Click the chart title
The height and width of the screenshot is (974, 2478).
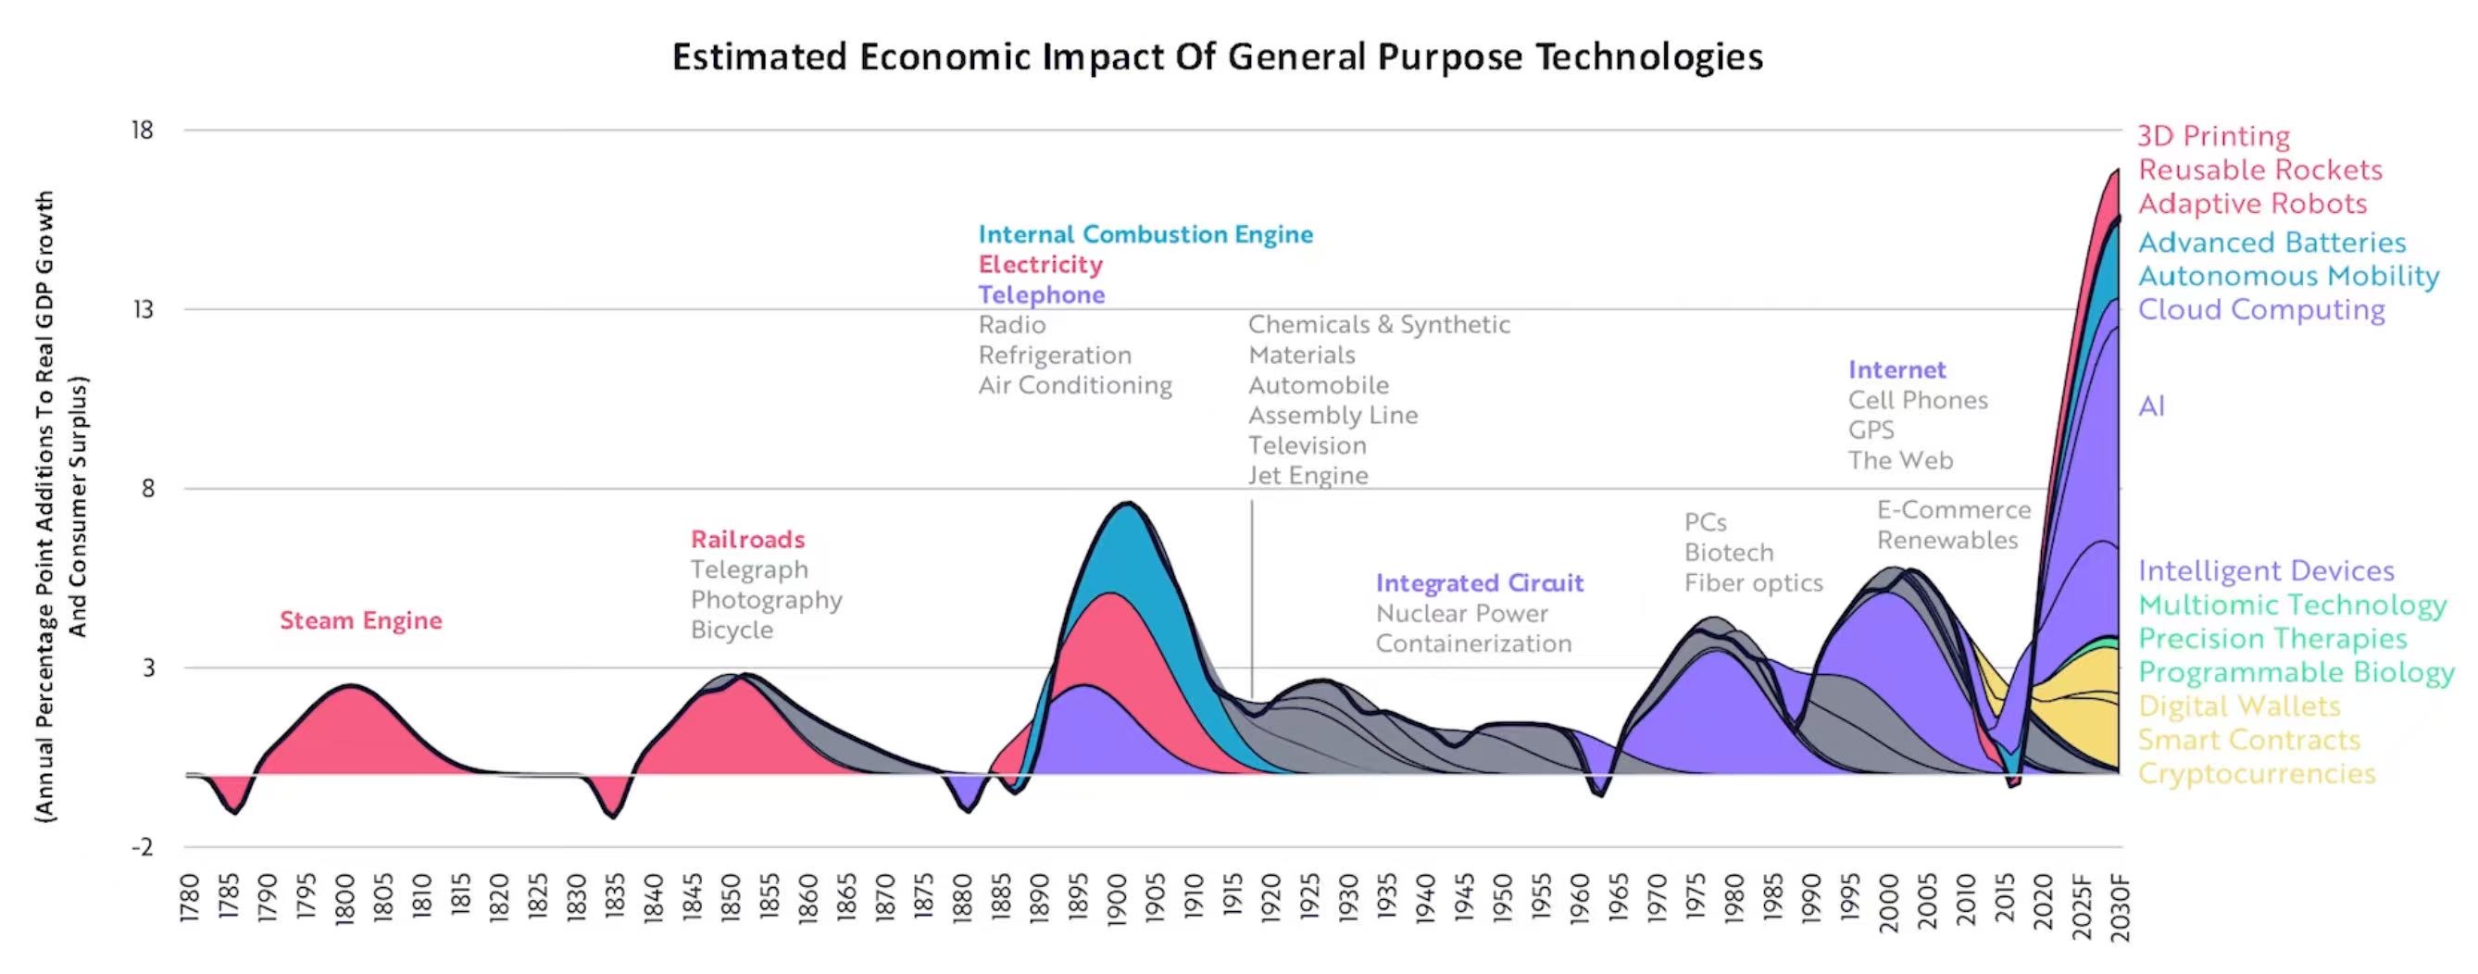(1217, 56)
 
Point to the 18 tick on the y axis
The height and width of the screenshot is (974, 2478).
(143, 130)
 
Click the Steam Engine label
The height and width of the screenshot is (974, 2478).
(361, 620)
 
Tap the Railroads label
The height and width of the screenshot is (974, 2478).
(747, 540)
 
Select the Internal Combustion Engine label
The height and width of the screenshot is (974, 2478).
(1145, 234)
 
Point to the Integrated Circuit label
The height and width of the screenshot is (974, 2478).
(1479, 582)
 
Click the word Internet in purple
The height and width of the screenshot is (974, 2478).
(1896, 370)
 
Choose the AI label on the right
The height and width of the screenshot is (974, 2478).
(2151, 406)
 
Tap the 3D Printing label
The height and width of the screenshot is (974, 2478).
(2213, 135)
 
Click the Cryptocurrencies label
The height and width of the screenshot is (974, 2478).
(2256, 774)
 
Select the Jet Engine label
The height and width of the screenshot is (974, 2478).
(1308, 476)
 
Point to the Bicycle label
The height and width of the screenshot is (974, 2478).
(732, 630)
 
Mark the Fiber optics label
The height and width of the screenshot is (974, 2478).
(1753, 582)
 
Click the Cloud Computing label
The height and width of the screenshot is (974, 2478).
(2260, 309)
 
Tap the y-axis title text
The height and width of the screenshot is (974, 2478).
(60, 505)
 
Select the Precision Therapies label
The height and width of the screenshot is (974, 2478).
(2272, 639)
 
